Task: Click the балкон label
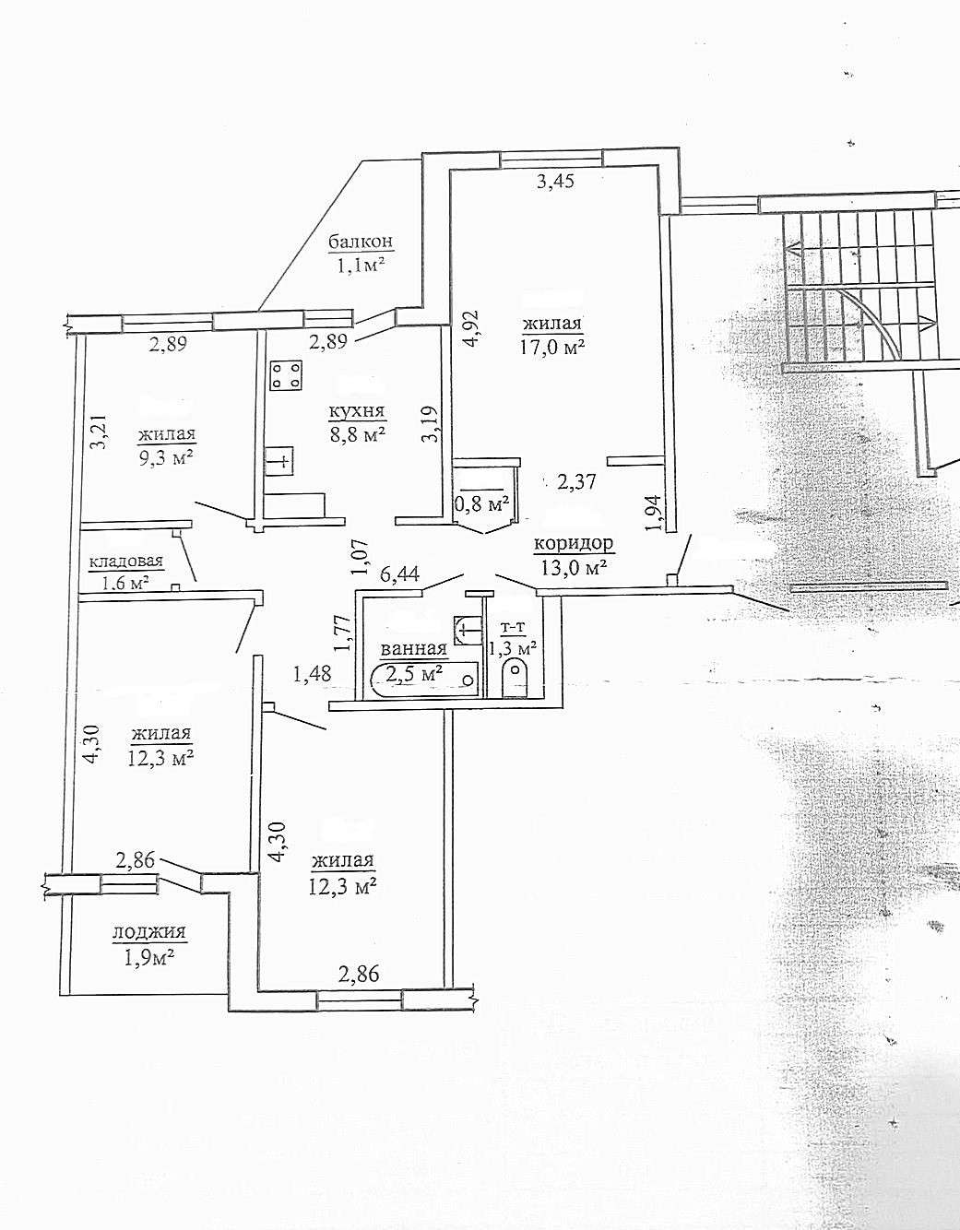click(x=361, y=242)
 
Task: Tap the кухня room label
click(x=361, y=411)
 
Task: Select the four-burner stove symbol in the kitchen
click(x=286, y=375)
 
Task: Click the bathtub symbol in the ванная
click(x=424, y=680)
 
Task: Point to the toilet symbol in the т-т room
click(x=512, y=680)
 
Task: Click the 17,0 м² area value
click(x=552, y=347)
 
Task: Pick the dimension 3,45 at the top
click(x=555, y=182)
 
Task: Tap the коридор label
click(x=574, y=544)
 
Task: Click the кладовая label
click(x=125, y=562)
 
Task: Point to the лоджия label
click(x=148, y=932)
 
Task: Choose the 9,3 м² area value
click(x=166, y=458)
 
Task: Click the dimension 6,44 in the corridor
click(x=399, y=574)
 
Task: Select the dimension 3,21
click(x=97, y=431)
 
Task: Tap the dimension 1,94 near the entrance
click(x=653, y=513)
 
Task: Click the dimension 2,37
click(x=578, y=481)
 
